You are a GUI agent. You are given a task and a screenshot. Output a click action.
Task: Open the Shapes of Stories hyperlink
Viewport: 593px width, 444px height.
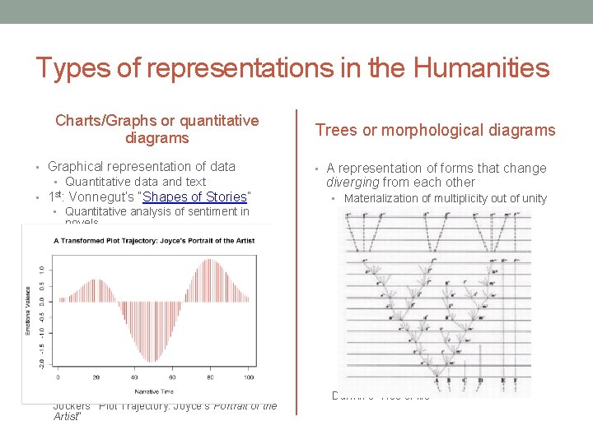pos(195,197)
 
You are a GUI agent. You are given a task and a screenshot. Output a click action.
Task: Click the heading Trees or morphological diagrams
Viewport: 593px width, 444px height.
pos(436,130)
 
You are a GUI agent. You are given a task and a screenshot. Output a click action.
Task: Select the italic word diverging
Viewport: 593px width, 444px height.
pos(353,183)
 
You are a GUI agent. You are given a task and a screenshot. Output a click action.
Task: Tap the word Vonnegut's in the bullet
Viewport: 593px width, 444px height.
pos(99,197)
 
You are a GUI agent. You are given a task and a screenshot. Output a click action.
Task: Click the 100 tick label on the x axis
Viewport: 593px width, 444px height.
pos(249,377)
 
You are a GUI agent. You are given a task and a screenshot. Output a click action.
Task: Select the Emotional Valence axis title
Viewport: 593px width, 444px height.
pos(28,310)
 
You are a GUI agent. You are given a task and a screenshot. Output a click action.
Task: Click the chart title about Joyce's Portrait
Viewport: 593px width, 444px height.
pos(154,241)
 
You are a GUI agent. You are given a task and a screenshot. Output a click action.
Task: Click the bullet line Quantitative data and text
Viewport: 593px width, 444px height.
pos(135,182)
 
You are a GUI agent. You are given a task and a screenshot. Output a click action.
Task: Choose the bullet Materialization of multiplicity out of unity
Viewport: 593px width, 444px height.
pos(445,198)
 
